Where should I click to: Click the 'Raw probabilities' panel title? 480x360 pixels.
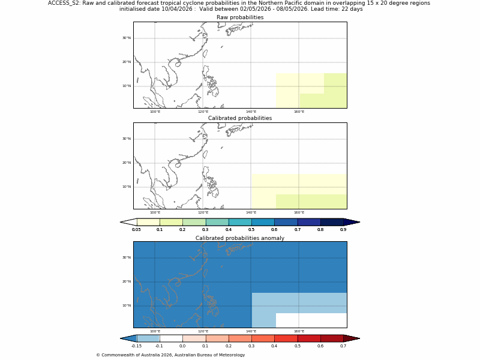pos(239,17)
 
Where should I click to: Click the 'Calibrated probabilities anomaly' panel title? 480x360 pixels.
pos(239,238)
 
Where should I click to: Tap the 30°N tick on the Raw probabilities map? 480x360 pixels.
pos(127,38)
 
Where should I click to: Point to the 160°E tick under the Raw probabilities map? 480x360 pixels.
pos(299,112)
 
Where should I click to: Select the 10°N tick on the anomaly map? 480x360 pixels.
pos(127,305)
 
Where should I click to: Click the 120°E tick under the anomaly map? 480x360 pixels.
pos(203,331)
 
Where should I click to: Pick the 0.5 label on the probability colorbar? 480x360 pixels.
pos(251,230)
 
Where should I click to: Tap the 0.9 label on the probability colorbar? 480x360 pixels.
pos(343,230)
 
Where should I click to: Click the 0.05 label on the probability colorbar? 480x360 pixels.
pos(136,230)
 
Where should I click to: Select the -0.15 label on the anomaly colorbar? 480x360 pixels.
pos(136,346)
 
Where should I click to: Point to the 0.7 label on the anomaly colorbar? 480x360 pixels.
pos(343,346)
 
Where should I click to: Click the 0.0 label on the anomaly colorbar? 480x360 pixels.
pos(182,346)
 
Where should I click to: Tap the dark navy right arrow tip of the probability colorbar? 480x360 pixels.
pos(352,222)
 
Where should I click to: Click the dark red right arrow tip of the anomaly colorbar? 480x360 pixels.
pos(352,338)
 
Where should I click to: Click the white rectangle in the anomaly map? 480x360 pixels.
pos(311,320)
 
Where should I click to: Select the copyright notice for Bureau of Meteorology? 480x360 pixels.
pos(170,355)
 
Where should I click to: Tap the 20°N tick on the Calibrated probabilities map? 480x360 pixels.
pos(127,163)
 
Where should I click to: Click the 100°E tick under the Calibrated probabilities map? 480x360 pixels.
pos(155,212)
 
